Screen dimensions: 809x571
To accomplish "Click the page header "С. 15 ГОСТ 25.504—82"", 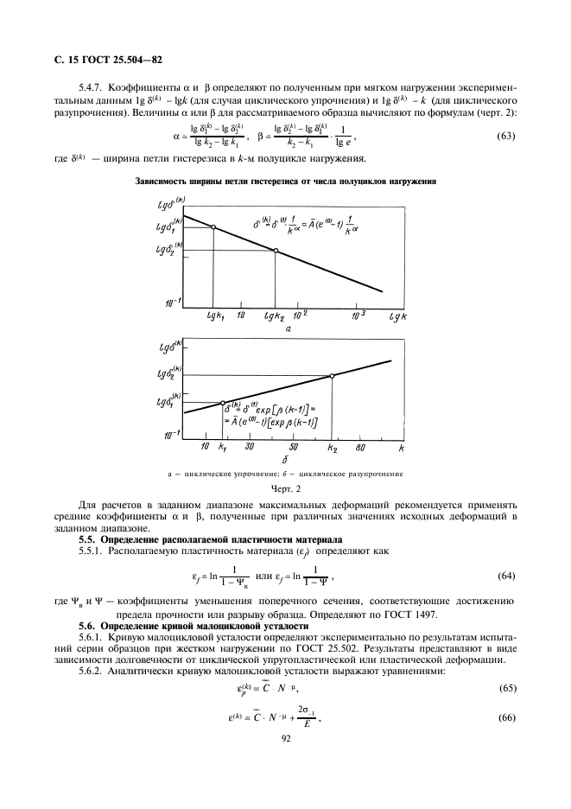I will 104,59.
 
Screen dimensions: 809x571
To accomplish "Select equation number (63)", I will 510,137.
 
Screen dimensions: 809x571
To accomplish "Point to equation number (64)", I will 510,576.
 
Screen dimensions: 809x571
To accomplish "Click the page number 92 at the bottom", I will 285,739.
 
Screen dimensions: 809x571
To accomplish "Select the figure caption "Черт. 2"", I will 285,489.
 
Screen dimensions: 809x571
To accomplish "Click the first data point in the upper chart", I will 213,227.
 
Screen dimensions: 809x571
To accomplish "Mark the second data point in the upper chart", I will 276,251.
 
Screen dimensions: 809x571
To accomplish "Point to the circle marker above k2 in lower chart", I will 333,375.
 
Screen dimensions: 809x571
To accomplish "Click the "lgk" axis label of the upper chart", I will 399,317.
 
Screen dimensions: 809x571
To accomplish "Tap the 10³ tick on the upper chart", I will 358,315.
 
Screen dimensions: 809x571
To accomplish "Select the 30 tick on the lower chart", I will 249,448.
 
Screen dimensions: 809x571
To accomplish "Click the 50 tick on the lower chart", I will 293,448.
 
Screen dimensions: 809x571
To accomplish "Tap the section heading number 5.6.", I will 89,624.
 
